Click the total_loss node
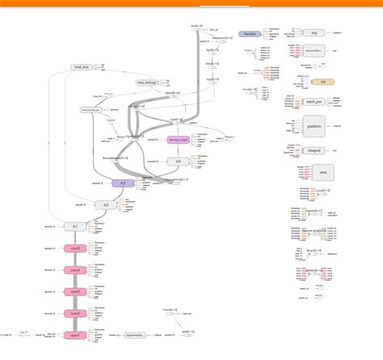(81, 66)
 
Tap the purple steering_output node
(178, 140)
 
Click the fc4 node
(178, 160)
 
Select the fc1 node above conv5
(74, 227)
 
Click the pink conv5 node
(74, 249)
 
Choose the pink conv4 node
(74, 270)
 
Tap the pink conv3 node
(74, 291)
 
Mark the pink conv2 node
(74, 313)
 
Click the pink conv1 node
(74, 334)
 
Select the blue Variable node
(250, 35)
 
